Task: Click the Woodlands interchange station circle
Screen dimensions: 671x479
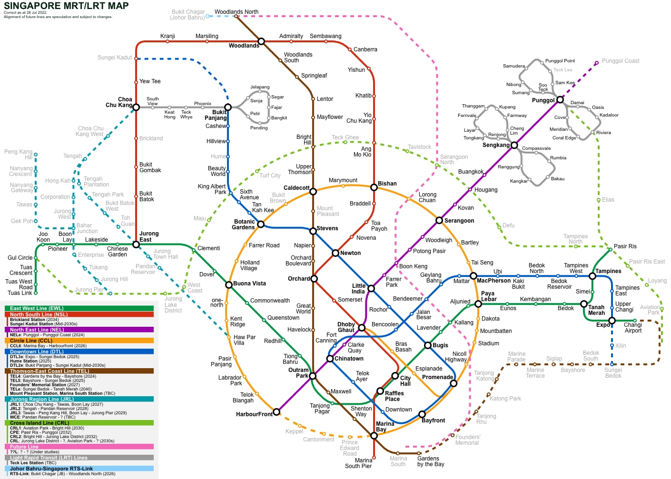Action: [261, 41]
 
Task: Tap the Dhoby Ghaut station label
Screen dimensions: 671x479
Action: [346, 327]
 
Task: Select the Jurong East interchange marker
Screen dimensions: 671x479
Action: [136, 244]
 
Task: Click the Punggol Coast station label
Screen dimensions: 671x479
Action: [621, 61]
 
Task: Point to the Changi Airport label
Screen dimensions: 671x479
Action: [632, 328]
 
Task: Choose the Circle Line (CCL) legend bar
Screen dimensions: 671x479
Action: [79, 341]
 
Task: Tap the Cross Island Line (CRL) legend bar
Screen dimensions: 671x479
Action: [79, 423]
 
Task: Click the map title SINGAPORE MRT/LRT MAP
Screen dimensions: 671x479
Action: [66, 6]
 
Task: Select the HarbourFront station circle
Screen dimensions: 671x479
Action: [276, 412]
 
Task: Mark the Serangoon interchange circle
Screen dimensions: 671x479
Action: [439, 220]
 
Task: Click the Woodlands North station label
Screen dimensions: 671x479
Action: [237, 12]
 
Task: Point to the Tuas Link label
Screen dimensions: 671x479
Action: [20, 293]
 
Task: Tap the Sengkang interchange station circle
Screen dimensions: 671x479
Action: [514, 145]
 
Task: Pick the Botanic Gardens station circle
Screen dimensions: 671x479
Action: [261, 224]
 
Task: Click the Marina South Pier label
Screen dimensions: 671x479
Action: [358, 463]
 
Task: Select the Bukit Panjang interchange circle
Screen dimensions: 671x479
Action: [228, 107]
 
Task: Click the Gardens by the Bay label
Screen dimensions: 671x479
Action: [431, 461]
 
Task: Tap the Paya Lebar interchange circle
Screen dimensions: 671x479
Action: [478, 304]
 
